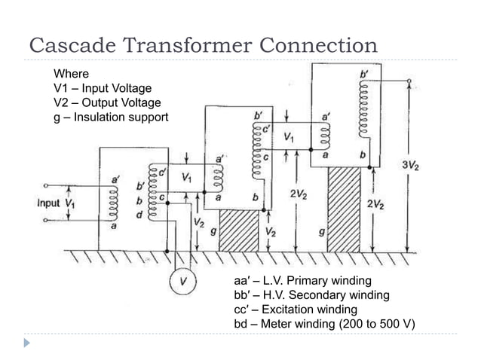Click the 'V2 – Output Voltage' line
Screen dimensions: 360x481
[102, 103]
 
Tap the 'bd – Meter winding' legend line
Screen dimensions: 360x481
[326, 324]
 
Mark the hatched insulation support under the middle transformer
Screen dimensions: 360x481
[238, 229]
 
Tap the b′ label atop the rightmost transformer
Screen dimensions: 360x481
[366, 75]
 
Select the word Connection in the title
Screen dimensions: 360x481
[315, 45]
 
